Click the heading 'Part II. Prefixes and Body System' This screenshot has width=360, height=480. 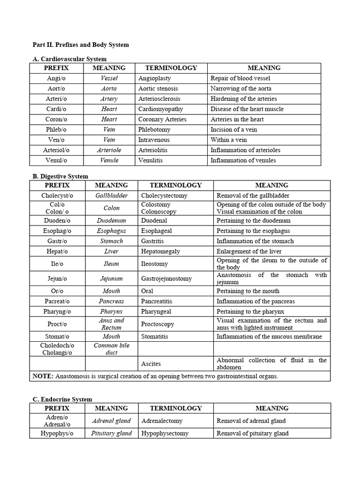tap(80, 45)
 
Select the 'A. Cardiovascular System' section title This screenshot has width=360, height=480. tap(69, 59)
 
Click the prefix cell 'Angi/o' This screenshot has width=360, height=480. tap(56, 78)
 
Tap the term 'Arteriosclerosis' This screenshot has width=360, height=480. tap(159, 99)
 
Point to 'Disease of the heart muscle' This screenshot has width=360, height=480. tap(247, 109)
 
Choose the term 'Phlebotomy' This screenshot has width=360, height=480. tap(154, 130)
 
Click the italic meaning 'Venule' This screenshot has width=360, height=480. tap(109, 160)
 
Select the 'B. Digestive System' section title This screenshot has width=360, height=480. tap(60, 176)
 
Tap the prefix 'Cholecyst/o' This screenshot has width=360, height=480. tap(57, 195)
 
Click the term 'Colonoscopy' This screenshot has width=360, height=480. tap(159, 211)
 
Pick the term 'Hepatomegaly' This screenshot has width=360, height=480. tap(160, 251)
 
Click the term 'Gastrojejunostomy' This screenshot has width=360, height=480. tap(166, 278)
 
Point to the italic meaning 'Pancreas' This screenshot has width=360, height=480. tap(112, 301)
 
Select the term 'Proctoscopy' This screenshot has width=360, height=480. tap(157, 324)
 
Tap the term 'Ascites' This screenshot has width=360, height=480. tap(151, 363)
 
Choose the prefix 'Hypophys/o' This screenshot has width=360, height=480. tap(57, 433)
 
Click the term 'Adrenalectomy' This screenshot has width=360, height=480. tap(162, 421)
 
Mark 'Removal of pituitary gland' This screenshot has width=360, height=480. tap(252, 433)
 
